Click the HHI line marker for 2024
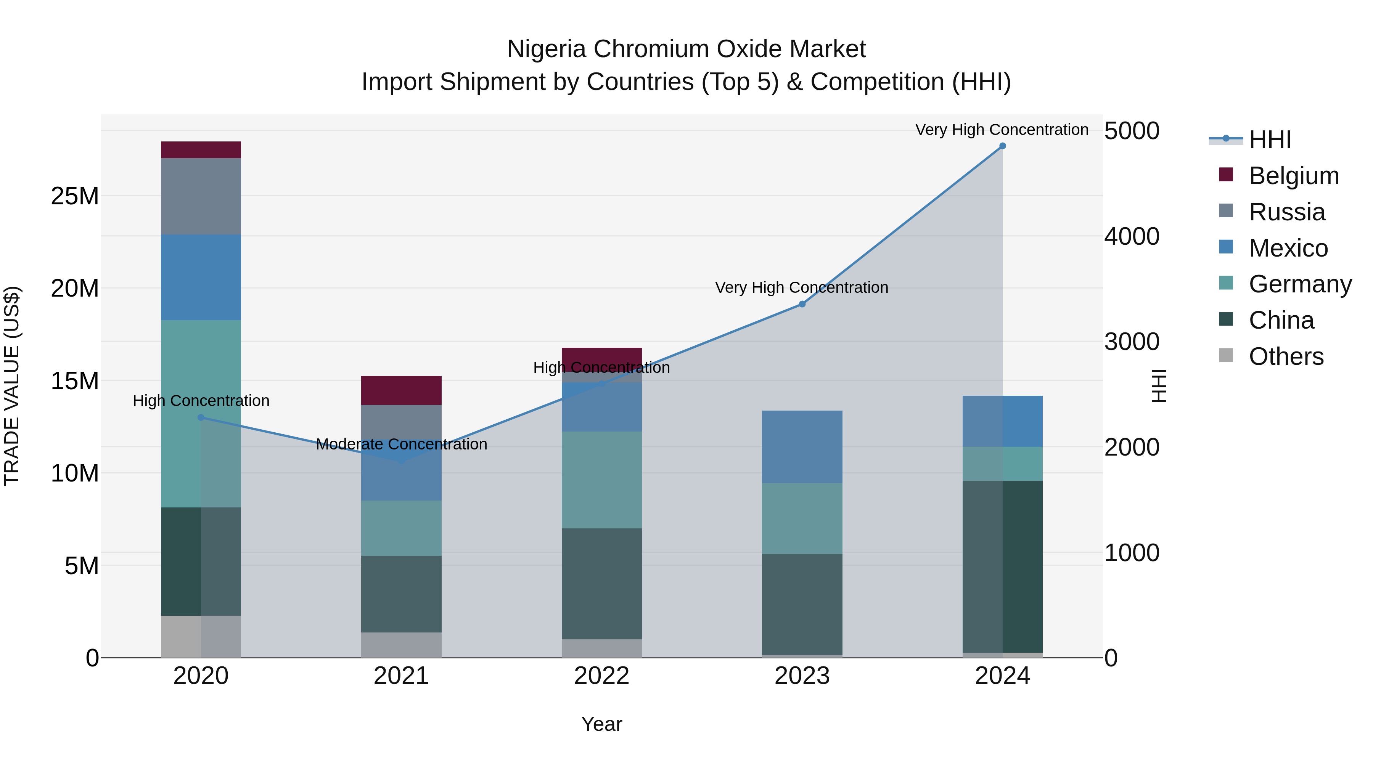pyautogui.click(x=1002, y=146)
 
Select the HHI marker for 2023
pyautogui.click(x=802, y=304)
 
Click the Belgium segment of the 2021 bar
pyautogui.click(x=401, y=390)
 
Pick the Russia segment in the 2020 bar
pyautogui.click(x=201, y=196)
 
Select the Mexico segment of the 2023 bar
pyautogui.click(x=802, y=446)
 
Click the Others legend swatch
pyautogui.click(x=1226, y=355)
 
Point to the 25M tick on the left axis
pyautogui.click(x=75, y=196)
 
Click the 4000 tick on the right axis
pyautogui.click(x=1131, y=236)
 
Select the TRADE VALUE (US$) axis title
pyautogui.click(x=12, y=386)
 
